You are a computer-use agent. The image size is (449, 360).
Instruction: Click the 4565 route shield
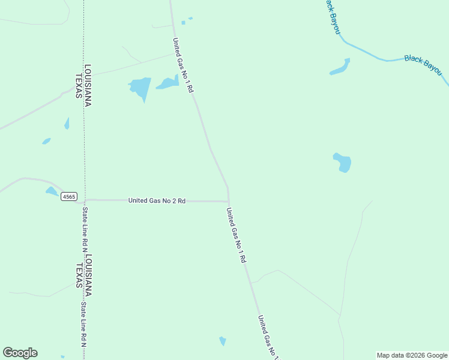(x=69, y=196)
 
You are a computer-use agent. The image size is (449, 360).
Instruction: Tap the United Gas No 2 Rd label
(x=157, y=200)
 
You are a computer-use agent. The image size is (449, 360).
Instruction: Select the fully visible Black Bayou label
(x=423, y=65)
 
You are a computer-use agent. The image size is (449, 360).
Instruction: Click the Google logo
(x=20, y=353)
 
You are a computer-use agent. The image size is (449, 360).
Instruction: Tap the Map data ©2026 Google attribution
(x=412, y=355)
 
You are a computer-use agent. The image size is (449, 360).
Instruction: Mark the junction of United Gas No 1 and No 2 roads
(x=228, y=202)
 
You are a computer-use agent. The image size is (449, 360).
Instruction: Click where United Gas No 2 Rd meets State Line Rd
(x=85, y=200)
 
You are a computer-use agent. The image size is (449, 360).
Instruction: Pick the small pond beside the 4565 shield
(x=52, y=191)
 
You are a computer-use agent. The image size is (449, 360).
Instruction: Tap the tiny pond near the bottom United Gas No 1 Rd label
(x=223, y=341)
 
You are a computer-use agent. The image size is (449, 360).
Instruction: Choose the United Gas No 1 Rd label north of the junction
(x=183, y=65)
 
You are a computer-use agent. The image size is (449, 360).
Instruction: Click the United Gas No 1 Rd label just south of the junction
(x=237, y=235)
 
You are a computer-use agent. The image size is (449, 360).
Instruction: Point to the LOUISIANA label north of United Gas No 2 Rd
(x=88, y=85)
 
